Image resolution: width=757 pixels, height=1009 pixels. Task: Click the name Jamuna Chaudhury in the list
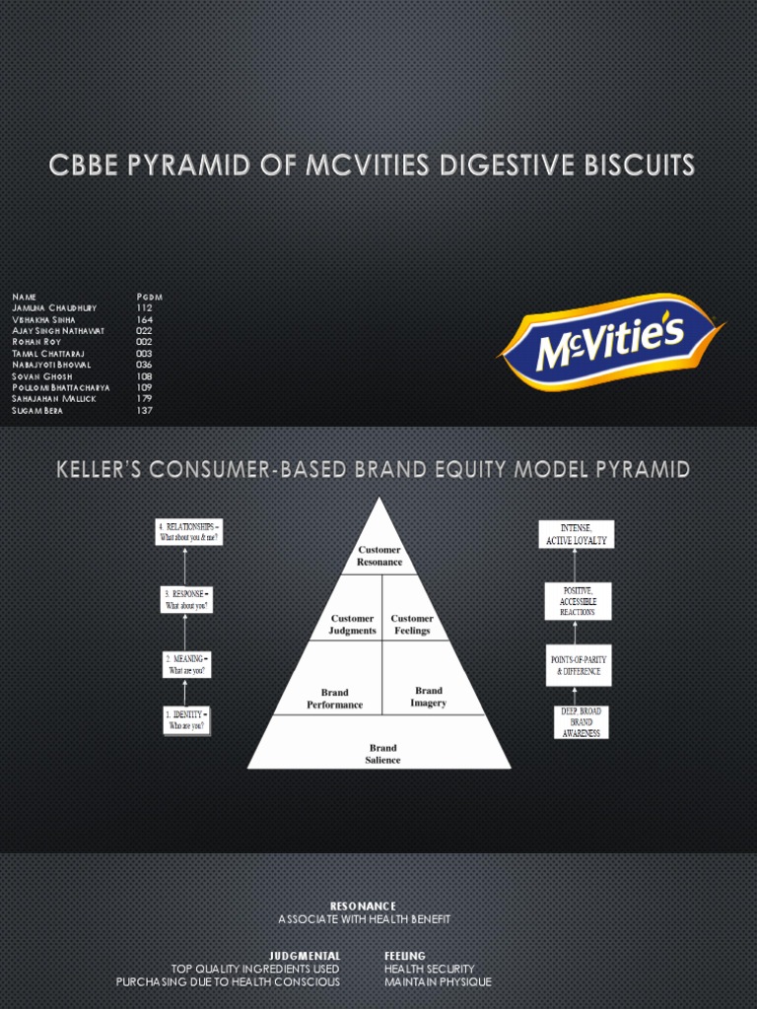(54, 307)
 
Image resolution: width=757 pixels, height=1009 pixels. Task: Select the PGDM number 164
(145, 319)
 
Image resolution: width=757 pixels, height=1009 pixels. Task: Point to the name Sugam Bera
(37, 410)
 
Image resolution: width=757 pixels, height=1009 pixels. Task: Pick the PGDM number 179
(145, 398)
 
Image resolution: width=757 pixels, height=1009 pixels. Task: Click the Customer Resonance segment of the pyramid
(379, 556)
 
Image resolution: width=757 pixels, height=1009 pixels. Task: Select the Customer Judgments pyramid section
(352, 625)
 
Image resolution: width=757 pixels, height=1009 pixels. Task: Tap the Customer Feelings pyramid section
(412, 625)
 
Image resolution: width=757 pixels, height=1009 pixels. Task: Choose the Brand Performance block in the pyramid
(334, 699)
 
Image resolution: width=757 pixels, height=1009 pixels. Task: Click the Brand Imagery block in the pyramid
(429, 697)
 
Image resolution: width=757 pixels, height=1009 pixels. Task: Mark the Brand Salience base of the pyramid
(382, 754)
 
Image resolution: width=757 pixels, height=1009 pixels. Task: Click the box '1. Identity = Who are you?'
(185, 719)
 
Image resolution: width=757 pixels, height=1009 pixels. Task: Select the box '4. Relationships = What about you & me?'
(188, 531)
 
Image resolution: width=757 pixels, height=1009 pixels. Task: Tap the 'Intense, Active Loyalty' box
(576, 534)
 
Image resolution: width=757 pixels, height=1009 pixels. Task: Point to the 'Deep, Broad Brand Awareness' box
(581, 722)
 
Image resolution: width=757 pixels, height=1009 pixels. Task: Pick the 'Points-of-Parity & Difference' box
(579, 665)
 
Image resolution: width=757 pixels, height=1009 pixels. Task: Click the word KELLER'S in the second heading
(103, 471)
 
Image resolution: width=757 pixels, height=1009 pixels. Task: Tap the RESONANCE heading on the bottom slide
(363, 906)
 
